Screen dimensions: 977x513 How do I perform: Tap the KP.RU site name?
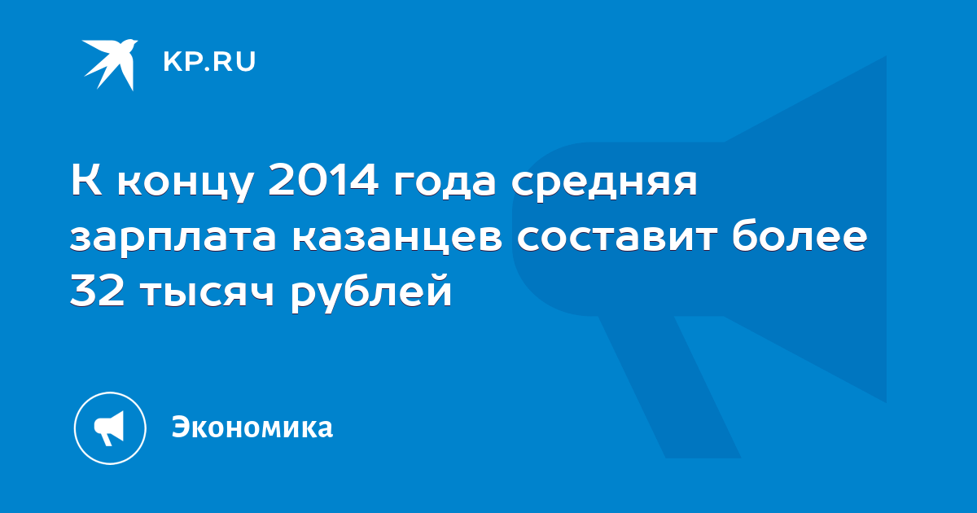tap(209, 62)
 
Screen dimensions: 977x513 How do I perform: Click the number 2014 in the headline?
tap(323, 180)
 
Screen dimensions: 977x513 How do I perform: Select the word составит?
tap(617, 237)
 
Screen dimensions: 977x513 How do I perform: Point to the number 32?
tap(97, 289)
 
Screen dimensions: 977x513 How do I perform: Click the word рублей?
tap(371, 292)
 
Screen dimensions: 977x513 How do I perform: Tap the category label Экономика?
tap(252, 427)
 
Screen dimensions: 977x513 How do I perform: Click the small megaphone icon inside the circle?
tap(109, 427)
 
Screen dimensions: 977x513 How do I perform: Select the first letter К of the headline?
tap(86, 180)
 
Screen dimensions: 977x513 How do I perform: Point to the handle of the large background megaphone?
tap(669, 387)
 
